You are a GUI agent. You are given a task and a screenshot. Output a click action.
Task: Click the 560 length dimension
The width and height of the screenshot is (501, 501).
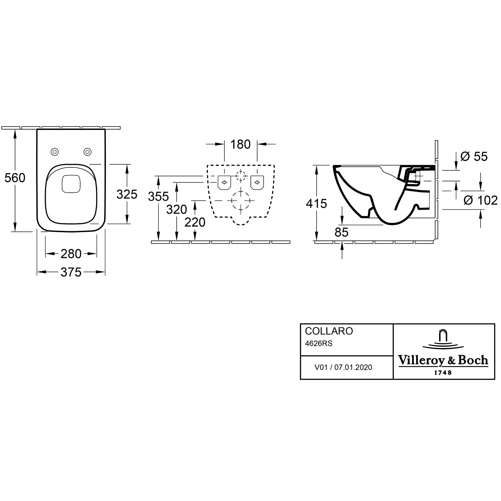(x=15, y=178)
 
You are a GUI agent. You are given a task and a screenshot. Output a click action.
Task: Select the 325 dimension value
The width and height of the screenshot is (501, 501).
(x=127, y=194)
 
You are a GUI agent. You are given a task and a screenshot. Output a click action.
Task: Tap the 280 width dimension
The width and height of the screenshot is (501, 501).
(x=71, y=254)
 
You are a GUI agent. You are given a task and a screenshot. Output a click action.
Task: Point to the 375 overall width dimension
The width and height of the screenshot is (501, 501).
(x=71, y=272)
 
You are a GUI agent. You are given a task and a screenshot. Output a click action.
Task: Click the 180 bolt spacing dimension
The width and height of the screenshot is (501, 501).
(x=240, y=144)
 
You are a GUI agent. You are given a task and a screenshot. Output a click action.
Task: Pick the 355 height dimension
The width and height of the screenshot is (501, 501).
(x=158, y=196)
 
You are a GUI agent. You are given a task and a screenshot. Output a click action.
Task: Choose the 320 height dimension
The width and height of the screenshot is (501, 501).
(x=177, y=209)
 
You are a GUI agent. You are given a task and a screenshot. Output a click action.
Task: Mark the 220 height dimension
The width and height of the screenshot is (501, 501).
(x=195, y=222)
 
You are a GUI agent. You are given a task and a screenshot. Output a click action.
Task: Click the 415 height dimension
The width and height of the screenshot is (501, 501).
(x=317, y=203)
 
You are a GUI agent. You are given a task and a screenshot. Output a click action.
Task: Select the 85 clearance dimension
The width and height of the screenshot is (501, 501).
(x=342, y=232)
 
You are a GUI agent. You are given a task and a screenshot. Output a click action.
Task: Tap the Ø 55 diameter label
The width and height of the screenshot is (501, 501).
(x=474, y=156)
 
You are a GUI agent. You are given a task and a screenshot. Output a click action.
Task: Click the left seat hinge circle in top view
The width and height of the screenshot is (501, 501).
(x=54, y=152)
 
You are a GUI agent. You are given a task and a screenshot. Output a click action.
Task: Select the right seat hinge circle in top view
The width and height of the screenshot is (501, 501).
(x=88, y=152)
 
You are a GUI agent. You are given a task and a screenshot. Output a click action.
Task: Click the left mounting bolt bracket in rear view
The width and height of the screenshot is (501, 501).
(x=224, y=183)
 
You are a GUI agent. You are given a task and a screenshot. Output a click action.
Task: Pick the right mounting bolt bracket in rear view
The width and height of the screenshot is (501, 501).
(x=257, y=183)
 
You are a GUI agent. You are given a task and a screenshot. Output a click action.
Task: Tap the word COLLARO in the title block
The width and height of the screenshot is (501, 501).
(x=329, y=331)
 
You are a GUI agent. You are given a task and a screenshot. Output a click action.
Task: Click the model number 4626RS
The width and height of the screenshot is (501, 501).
(x=319, y=343)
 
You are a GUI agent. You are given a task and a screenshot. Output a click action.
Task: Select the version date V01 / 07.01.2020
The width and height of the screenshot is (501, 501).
(x=343, y=367)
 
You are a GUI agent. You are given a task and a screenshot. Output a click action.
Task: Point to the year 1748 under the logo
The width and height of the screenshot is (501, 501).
(x=443, y=372)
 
